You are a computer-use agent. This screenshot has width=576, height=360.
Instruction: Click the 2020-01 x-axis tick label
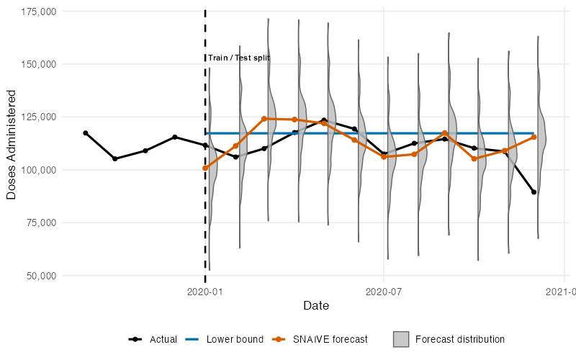tap(204, 291)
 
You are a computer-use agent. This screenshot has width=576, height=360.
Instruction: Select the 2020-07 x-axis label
tap(383, 291)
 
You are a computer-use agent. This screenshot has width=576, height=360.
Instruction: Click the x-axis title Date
tap(316, 306)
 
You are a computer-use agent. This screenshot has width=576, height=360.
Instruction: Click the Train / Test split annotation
tap(239, 58)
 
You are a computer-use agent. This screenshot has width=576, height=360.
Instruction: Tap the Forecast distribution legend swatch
tap(401, 339)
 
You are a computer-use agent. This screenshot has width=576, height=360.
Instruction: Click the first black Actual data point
tap(85, 133)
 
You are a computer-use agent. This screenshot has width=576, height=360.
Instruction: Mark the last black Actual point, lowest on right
tap(534, 192)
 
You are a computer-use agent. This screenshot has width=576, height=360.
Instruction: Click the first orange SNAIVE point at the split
tap(205, 168)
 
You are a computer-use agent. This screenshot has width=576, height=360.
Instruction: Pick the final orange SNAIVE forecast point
tap(534, 137)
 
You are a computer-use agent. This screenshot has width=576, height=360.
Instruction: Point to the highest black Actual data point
tap(324, 120)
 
